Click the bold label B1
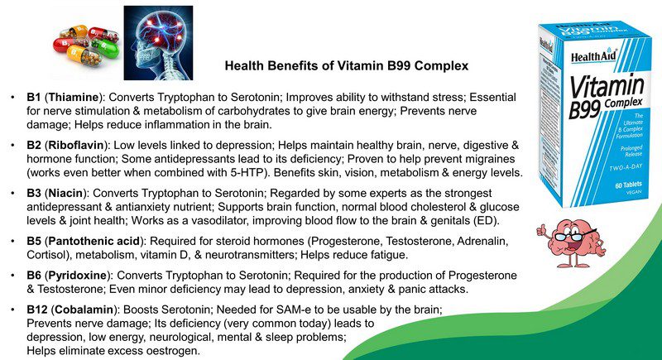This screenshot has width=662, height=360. tap(34, 98)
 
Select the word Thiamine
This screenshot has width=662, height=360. tap(74, 98)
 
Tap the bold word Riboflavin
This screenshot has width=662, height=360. tap(76, 146)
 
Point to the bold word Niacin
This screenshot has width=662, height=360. tap(65, 194)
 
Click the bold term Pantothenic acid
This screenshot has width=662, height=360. tap(94, 242)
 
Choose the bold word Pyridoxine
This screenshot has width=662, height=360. tap(78, 276)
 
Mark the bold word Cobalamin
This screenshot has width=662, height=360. tap(84, 310)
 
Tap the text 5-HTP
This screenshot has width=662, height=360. tap(251, 173)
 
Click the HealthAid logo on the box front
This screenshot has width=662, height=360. tap(594, 56)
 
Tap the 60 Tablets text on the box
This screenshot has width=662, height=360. tap(628, 185)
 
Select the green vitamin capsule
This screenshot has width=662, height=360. tap(105, 48)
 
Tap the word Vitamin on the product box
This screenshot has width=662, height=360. tap(607, 87)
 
